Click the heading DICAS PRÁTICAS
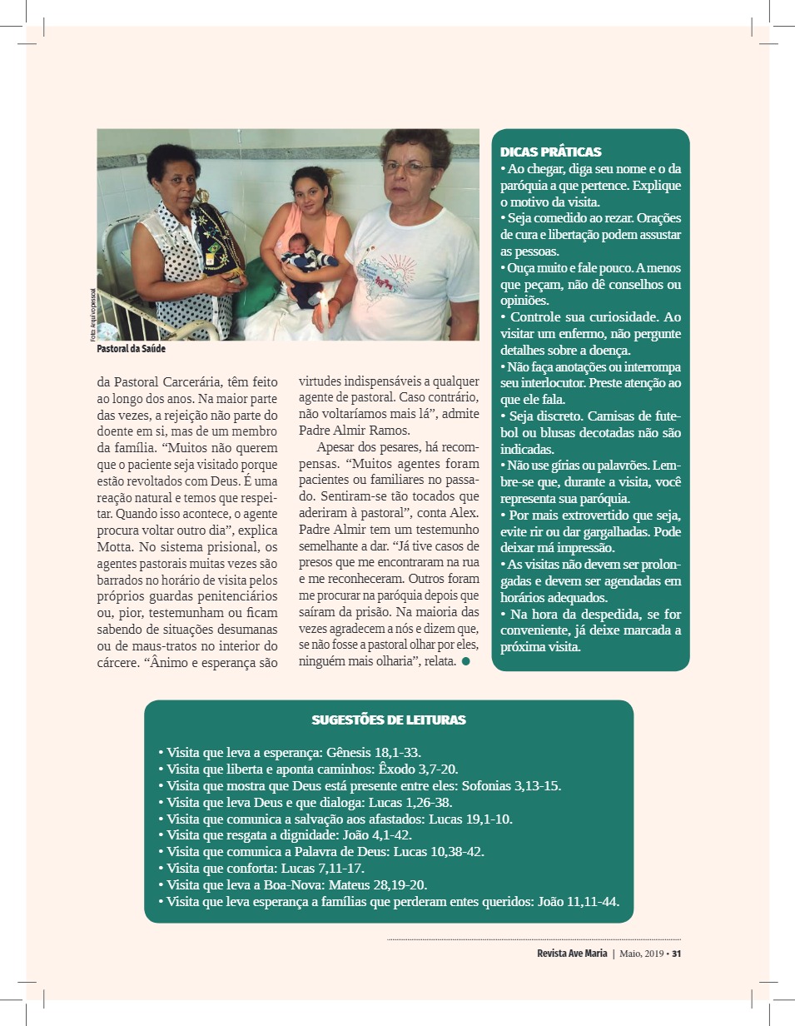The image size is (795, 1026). click(550, 152)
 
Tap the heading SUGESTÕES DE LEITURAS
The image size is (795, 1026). click(388, 720)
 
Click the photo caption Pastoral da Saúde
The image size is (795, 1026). click(131, 350)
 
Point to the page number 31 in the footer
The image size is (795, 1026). click(677, 954)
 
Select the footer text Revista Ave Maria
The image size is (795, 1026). click(572, 954)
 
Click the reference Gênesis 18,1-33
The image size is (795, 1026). click(379, 752)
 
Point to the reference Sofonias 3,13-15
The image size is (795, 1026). click(511, 785)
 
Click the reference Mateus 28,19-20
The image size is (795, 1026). click(399, 884)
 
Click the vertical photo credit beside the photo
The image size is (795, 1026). click(93, 315)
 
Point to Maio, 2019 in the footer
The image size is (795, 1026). click(640, 954)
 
